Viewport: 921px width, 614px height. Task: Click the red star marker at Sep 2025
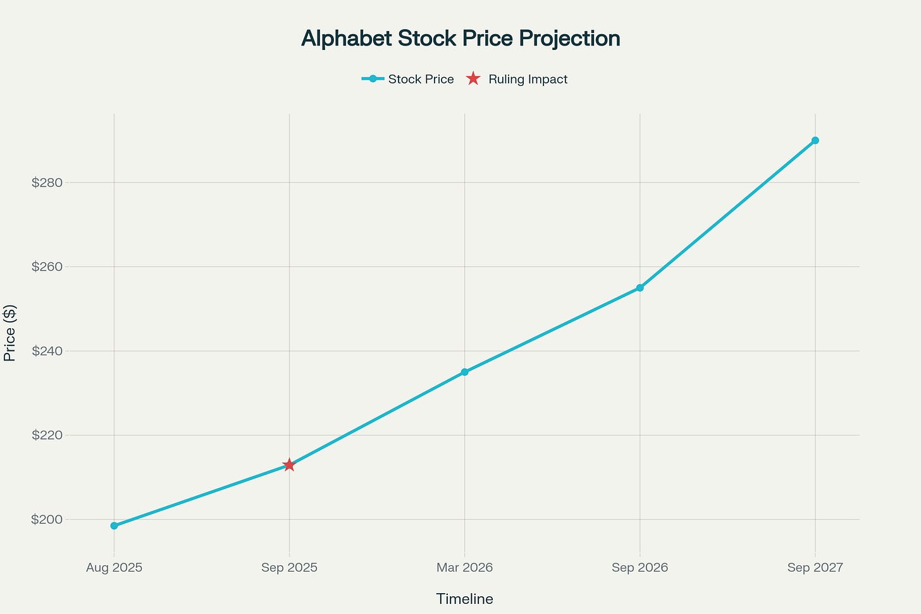coord(289,465)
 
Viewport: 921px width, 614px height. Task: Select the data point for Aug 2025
coord(114,525)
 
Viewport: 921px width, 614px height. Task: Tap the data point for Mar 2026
coord(464,372)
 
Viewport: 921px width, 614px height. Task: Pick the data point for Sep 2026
coord(640,288)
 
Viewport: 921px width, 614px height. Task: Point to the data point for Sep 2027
coord(815,140)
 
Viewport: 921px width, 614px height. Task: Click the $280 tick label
coord(47,183)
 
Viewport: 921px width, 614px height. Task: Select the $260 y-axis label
coord(47,267)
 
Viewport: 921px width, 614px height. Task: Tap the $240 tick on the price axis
coord(47,351)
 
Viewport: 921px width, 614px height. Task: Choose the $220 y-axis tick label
coord(47,435)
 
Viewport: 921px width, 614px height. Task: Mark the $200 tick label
coord(47,520)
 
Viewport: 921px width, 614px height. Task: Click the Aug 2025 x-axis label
coord(114,567)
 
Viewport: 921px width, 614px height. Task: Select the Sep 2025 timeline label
coord(289,567)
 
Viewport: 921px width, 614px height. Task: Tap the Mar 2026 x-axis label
coord(464,567)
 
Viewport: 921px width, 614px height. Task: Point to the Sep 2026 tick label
coord(640,567)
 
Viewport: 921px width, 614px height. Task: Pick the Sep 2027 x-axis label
coord(815,567)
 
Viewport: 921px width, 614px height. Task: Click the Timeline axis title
coord(464,599)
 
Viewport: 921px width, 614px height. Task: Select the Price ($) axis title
coord(9,333)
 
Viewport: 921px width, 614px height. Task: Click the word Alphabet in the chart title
coord(347,39)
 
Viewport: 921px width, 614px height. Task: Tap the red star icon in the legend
coord(473,79)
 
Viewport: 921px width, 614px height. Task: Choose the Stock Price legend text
coord(421,79)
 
